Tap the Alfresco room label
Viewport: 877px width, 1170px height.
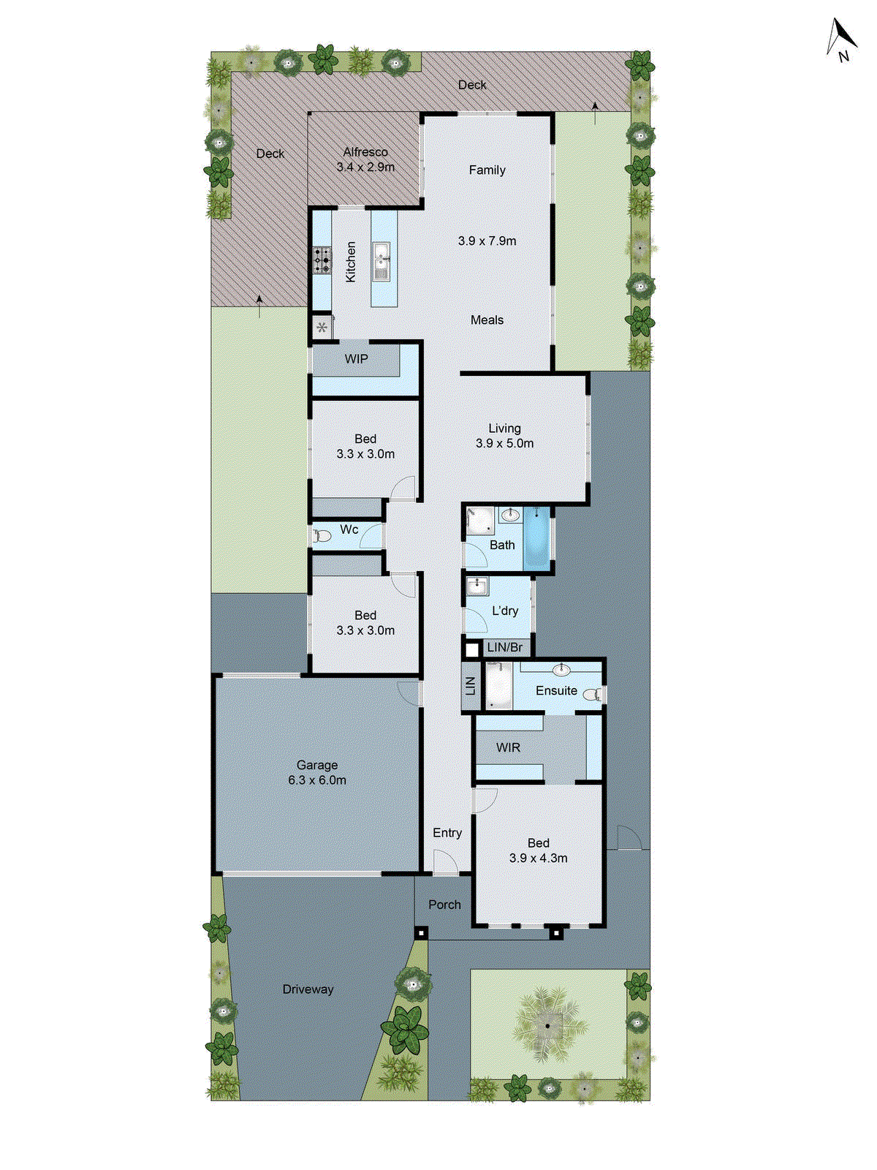[x=365, y=152]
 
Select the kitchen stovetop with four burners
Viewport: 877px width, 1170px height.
[x=322, y=260]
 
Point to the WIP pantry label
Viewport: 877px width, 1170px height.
[x=357, y=359]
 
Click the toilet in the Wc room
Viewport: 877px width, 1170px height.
[x=322, y=536]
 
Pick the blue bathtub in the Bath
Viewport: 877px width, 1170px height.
[x=537, y=539]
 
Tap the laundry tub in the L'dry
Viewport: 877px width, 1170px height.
[x=477, y=586]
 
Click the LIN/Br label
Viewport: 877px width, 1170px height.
[x=505, y=648]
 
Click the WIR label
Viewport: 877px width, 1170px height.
[x=508, y=747]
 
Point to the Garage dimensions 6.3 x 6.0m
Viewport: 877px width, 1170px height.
[x=317, y=780]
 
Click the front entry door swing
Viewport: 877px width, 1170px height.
[x=444, y=863]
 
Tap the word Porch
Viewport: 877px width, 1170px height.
[x=444, y=905]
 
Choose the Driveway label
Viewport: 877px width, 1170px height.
[x=308, y=989]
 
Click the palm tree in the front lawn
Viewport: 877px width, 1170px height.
[x=547, y=1025]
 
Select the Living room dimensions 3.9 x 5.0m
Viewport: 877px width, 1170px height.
[x=504, y=443]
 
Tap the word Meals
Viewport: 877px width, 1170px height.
[x=487, y=320]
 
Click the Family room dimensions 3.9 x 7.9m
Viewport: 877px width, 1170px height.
[x=487, y=241]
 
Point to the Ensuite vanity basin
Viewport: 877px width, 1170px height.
[x=561, y=669]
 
